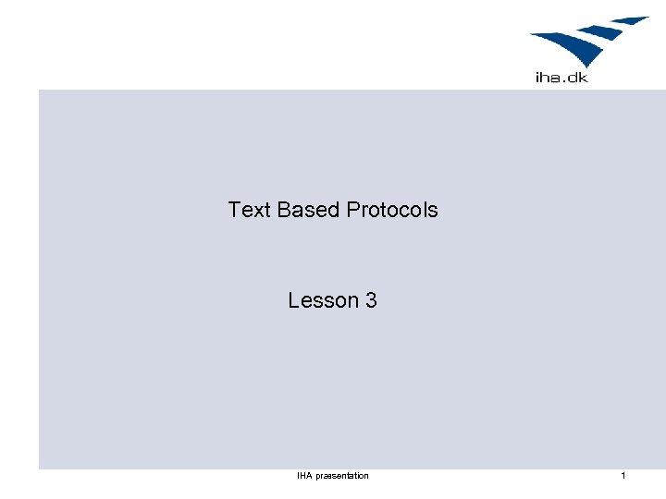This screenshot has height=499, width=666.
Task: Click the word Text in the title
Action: click(x=249, y=210)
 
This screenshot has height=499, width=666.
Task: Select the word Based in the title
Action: click(x=309, y=210)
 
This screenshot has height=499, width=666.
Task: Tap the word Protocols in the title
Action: click(x=392, y=210)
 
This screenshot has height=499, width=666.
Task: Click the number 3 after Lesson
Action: click(x=371, y=300)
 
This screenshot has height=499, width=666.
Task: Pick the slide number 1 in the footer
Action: click(x=623, y=476)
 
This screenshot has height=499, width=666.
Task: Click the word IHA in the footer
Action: click(x=304, y=476)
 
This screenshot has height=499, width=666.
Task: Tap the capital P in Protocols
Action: click(x=353, y=210)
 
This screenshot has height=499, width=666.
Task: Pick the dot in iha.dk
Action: click(x=566, y=81)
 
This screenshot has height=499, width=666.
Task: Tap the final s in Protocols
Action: click(x=433, y=211)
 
